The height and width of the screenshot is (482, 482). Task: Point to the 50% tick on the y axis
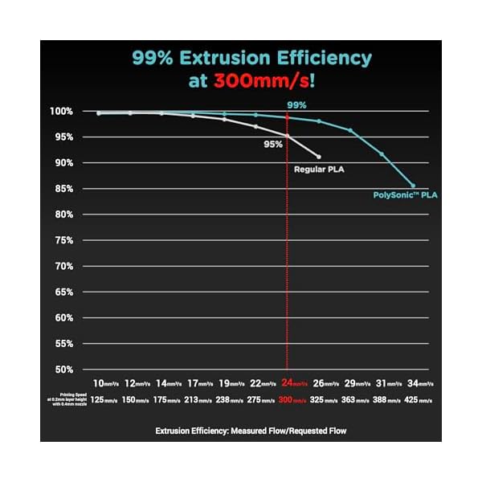[x=63, y=370]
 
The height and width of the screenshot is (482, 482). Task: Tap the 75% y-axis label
[x=63, y=240]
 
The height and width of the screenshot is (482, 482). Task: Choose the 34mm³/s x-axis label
[x=421, y=384]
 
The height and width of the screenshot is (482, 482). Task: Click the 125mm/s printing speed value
[x=105, y=399]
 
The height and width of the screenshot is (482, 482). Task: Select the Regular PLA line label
[x=319, y=170]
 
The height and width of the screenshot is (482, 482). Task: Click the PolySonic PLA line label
[x=406, y=195]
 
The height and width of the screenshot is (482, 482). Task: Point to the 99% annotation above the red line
[x=296, y=104]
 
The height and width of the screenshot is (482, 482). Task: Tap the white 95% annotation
[x=273, y=145]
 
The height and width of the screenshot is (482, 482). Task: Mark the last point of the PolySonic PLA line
[x=413, y=186]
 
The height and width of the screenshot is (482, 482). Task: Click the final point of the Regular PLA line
[x=319, y=157]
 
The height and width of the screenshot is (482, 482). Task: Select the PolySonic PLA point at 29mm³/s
[x=350, y=130]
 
